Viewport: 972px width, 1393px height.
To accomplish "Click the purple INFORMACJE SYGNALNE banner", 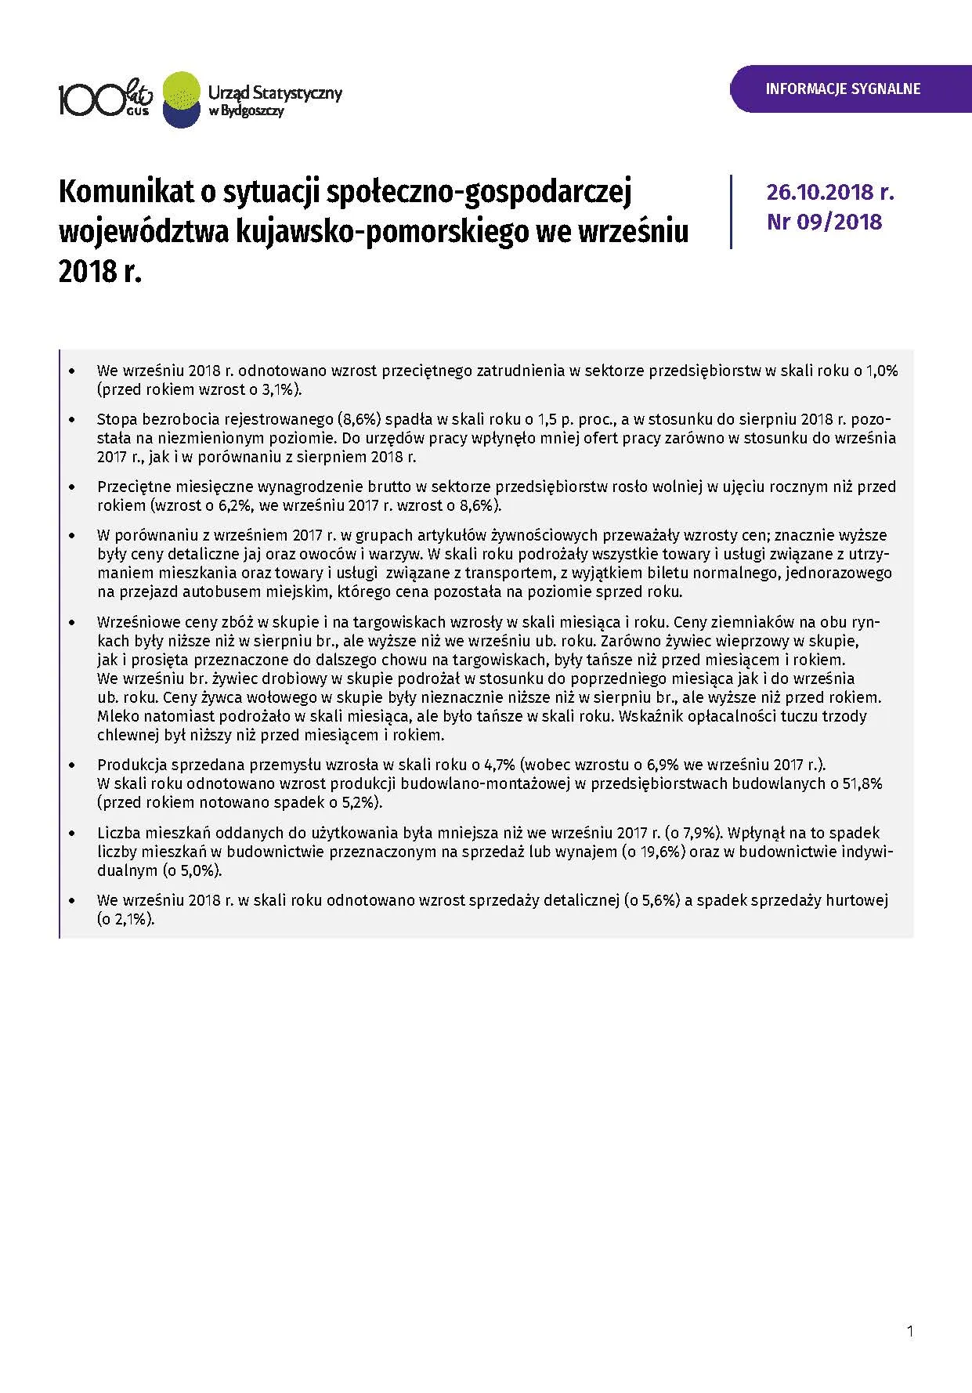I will (x=843, y=89).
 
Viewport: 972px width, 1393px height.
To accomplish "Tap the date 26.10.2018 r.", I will (x=830, y=193).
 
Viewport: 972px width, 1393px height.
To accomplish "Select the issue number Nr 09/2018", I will (x=824, y=222).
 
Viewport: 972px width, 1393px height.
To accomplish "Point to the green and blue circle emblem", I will (x=181, y=99).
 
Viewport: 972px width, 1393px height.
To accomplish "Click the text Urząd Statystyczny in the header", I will (x=275, y=92).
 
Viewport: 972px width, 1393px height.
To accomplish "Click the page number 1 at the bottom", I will (x=909, y=1330).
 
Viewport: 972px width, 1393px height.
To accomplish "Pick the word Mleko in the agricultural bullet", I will (x=117, y=716).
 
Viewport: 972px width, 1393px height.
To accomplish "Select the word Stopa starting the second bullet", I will (x=115, y=419).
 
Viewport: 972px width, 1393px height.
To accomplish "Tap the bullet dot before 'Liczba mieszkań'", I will (x=73, y=834).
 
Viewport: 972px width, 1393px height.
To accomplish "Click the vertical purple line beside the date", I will (x=731, y=212).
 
